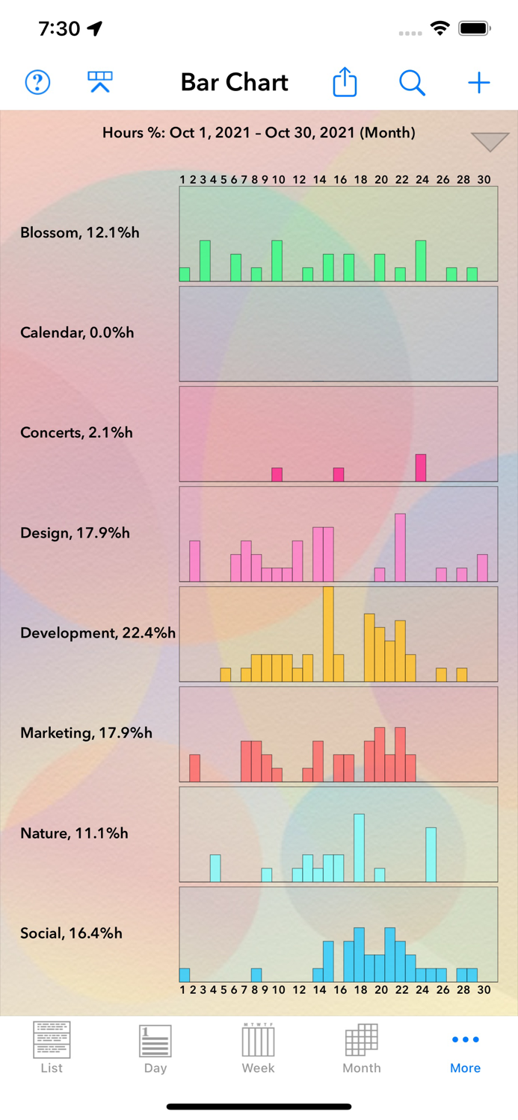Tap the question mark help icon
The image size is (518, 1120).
coord(37,82)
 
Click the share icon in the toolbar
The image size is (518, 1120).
coord(345,82)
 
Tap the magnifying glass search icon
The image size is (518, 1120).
coord(412,82)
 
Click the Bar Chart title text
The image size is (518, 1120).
coord(234,82)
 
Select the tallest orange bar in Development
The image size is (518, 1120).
coord(328,634)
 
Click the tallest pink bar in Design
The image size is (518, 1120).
coord(401,547)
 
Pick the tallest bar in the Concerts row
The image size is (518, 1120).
coord(421,467)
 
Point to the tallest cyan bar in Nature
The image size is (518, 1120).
coord(360,847)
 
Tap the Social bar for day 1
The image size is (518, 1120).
coord(185,974)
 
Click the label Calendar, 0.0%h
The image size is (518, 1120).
coord(77,332)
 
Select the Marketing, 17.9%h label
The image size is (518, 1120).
coord(86,732)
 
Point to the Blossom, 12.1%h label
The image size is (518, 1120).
coord(80,232)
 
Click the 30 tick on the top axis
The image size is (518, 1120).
coord(484,179)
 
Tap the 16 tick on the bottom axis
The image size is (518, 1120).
coord(340,989)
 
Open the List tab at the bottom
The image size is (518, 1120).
coord(52,1048)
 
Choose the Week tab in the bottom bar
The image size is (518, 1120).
coord(258,1048)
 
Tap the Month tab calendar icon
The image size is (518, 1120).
coord(361,1039)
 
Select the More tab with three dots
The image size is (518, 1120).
coord(465,1048)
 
